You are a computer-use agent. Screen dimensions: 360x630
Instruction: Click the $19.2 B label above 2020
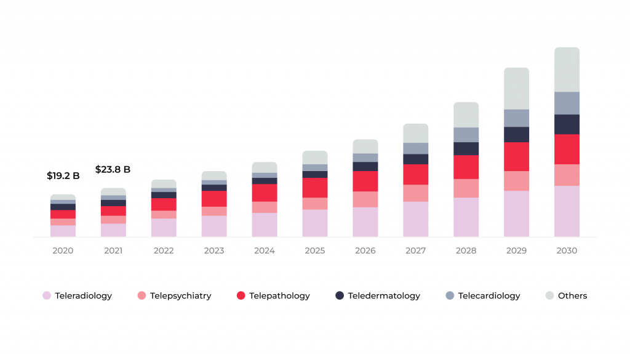click(x=63, y=175)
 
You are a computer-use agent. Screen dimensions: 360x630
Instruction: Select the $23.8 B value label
click(x=113, y=169)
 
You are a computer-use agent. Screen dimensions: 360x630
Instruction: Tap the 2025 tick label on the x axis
click(x=314, y=251)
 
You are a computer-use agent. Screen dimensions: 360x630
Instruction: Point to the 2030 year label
click(x=567, y=251)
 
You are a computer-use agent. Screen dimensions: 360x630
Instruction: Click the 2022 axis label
click(x=164, y=251)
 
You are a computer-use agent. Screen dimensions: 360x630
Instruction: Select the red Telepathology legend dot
click(x=241, y=296)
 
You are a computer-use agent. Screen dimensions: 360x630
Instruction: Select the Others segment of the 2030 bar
click(x=567, y=70)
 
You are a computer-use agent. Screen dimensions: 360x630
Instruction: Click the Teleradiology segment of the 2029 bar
click(x=516, y=214)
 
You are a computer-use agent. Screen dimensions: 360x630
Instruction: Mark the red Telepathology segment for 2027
click(x=415, y=174)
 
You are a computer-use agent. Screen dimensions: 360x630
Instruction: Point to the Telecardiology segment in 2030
click(x=567, y=103)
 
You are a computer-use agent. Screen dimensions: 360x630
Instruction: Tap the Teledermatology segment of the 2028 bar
click(x=466, y=148)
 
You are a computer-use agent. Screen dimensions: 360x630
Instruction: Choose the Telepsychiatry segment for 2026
click(x=365, y=199)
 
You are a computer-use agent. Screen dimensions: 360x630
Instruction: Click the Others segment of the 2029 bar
click(x=516, y=89)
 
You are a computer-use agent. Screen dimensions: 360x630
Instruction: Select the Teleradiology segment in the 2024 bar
click(x=264, y=225)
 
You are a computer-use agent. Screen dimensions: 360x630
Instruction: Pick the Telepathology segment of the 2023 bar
click(x=213, y=199)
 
